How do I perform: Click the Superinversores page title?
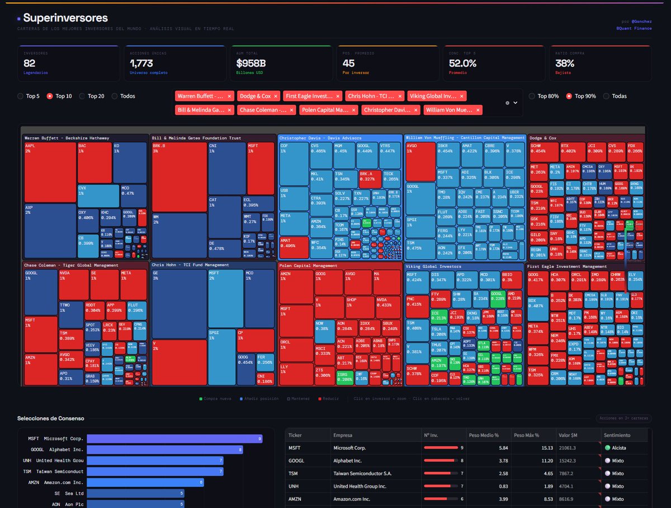tap(65, 18)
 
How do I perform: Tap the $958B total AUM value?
tap(251, 63)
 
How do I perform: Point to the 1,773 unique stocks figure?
tap(141, 63)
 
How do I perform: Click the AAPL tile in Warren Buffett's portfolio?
tap(50, 172)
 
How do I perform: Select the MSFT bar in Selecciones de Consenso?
tap(174, 439)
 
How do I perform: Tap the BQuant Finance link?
tap(634, 28)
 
